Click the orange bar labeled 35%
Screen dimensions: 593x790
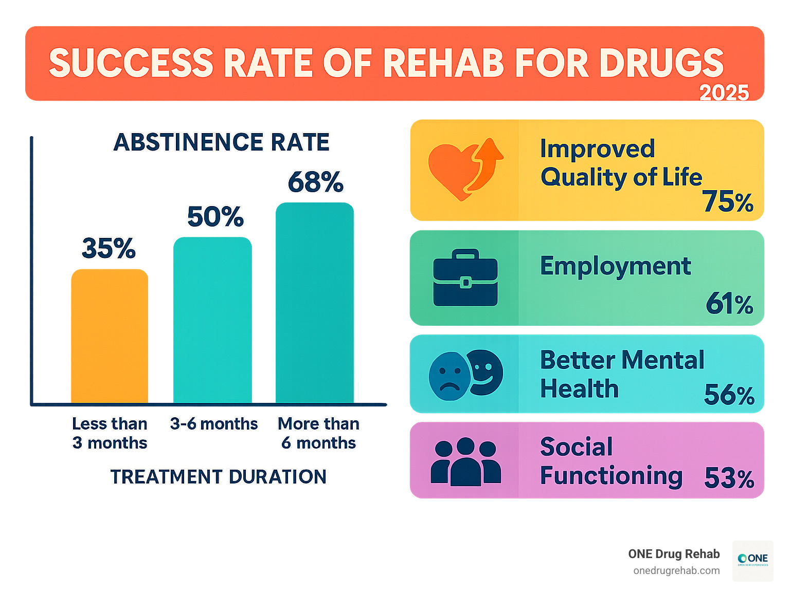click(x=110, y=336)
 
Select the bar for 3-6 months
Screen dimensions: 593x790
click(x=212, y=320)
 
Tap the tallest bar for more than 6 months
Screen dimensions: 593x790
click(x=315, y=303)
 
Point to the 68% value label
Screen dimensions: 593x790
click(x=315, y=182)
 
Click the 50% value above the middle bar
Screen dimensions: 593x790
click(x=215, y=217)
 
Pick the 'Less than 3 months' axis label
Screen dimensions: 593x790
click(x=110, y=433)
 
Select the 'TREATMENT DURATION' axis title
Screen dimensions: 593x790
click(x=219, y=477)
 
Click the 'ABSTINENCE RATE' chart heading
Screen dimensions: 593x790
click(x=221, y=142)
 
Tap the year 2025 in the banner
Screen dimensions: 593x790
click(x=724, y=92)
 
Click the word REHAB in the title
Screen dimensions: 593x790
click(x=443, y=63)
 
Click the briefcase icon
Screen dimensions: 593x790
click(x=465, y=278)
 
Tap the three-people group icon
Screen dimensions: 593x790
click(x=465, y=461)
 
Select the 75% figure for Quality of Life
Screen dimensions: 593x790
click(x=727, y=201)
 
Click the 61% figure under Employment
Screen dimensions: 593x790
click(x=729, y=304)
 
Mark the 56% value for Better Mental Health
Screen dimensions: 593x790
click(x=729, y=395)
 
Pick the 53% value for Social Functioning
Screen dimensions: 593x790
click(x=729, y=478)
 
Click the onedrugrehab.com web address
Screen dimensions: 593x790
click(x=676, y=571)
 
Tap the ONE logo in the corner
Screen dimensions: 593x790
click(x=752, y=560)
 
